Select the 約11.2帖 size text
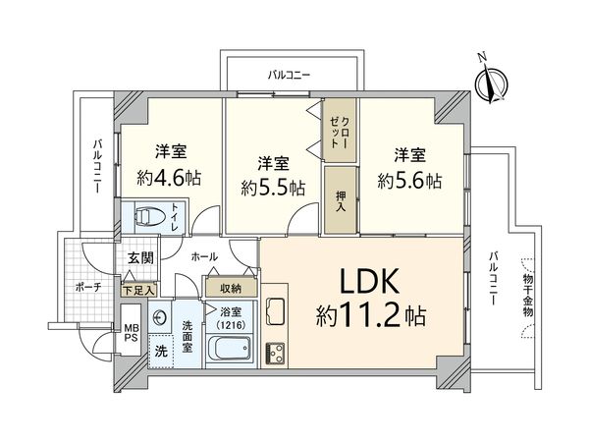click(370, 317)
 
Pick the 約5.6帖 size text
click(409, 182)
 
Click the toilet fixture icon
click(146, 215)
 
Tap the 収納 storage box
click(231, 288)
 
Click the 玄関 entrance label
click(139, 259)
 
